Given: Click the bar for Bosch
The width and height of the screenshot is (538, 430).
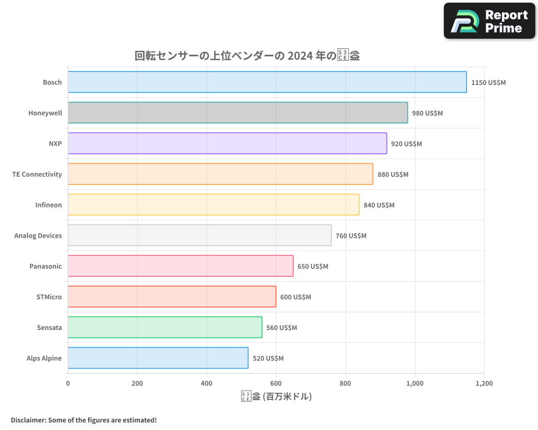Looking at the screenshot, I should pos(267,82).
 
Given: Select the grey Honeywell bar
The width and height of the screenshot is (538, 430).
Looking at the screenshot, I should pos(237,113).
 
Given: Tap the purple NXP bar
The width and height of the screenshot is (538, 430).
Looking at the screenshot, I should pos(227,144).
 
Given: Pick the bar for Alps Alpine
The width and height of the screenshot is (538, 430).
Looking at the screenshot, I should pos(158,358).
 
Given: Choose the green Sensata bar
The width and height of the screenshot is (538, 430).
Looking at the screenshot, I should pos(165,327).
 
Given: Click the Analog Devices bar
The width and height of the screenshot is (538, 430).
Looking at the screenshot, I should pos(199,235).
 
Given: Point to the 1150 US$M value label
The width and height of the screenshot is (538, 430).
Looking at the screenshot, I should pos(488,83).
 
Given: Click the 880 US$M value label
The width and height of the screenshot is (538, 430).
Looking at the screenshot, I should pos(393,175).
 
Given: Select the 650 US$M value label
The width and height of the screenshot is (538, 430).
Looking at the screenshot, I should pos(313,267).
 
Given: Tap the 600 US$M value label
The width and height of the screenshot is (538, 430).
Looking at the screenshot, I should pos(295,297).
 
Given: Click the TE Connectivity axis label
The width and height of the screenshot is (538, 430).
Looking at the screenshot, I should pos(37,174).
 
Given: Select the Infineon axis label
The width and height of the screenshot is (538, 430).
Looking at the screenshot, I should pos(48,205).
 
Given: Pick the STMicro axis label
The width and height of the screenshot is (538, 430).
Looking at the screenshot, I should pos(49,297).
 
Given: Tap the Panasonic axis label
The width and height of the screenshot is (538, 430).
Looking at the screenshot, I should pos(46,266).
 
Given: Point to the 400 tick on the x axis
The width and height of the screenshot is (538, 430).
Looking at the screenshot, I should pos(207,384).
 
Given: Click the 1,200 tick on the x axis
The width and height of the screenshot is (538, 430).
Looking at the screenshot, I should pos(484,384).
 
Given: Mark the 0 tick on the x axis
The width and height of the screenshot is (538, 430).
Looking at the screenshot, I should pos(68,384).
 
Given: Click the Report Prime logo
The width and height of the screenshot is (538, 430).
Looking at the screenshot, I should pos(490,21).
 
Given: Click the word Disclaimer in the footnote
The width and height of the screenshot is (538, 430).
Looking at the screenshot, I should pos(28,420).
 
